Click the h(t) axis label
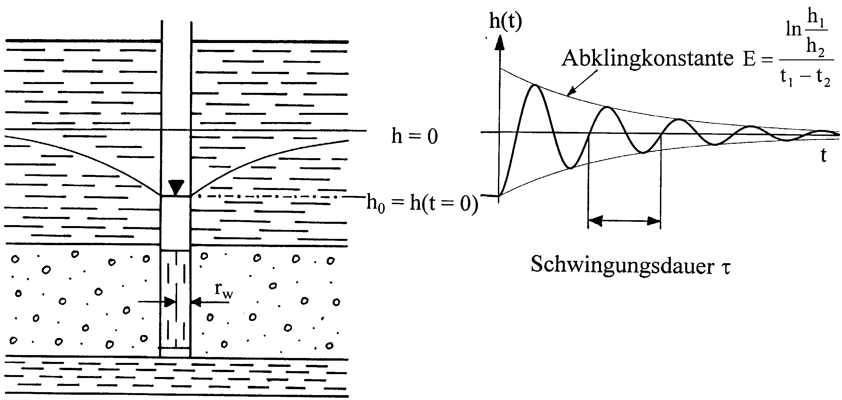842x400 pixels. coord(505,22)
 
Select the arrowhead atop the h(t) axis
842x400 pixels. coord(501,43)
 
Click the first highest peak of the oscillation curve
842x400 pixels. coord(535,85)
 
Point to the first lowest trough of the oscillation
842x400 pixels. coord(571,168)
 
